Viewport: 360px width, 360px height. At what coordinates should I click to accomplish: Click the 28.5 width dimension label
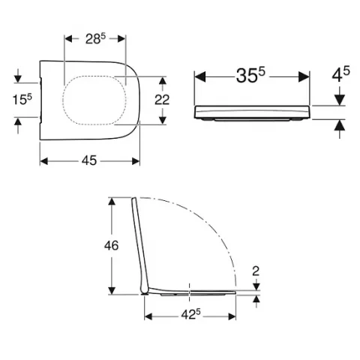pyautogui.click(x=97, y=37)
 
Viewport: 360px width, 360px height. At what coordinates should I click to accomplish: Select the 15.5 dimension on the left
pyautogui.click(x=22, y=100)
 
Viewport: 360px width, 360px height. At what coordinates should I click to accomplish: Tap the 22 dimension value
pyautogui.click(x=173, y=100)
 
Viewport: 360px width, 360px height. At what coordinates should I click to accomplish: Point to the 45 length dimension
pyautogui.click(x=90, y=160)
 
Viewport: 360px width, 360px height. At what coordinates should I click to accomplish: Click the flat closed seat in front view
pyautogui.click(x=252, y=113)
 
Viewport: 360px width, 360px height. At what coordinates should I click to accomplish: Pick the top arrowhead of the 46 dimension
pyautogui.click(x=112, y=201)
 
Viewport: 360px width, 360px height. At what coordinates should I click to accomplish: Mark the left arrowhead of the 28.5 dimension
pyautogui.click(x=68, y=37)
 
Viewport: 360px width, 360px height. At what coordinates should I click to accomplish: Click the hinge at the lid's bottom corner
pyautogui.click(x=145, y=291)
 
